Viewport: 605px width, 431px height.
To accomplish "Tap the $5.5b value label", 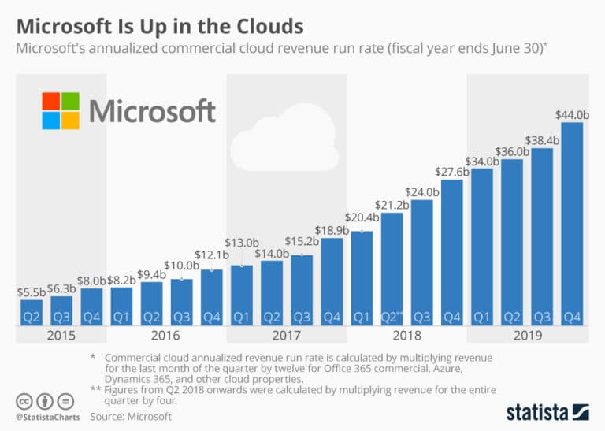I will pyautogui.click(x=31, y=292).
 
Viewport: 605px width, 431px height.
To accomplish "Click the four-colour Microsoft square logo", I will pyautogui.click(x=61, y=110).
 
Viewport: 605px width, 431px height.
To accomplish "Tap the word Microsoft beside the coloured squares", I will pyautogui.click(x=152, y=111).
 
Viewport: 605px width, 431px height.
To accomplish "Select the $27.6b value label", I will pyautogui.click(x=452, y=171).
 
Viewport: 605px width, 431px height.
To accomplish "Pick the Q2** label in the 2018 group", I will pyautogui.click(x=392, y=317).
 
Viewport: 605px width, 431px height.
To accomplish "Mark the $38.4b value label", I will pyautogui.click(x=542, y=140).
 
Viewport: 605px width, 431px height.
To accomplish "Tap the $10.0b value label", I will pyautogui.click(x=181, y=266).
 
